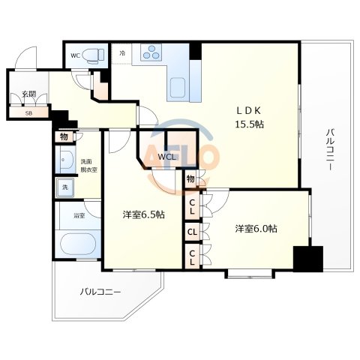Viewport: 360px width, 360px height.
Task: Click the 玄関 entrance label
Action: click(x=28, y=94)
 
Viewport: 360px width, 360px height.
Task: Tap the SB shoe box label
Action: click(x=28, y=113)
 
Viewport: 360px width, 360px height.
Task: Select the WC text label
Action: click(x=75, y=55)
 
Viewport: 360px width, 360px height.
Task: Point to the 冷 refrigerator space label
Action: click(x=122, y=53)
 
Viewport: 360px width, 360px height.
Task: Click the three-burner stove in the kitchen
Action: click(x=150, y=53)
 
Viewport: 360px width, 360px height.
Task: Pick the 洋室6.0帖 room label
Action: click(x=255, y=228)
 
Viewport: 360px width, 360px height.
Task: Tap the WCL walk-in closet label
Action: click(x=166, y=157)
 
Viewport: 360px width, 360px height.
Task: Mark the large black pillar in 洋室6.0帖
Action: click(x=307, y=259)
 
